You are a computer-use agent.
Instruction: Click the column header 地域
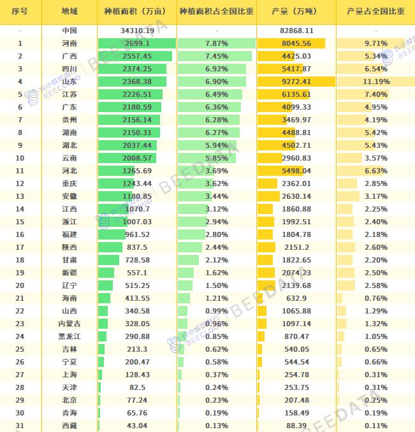pos(69,12)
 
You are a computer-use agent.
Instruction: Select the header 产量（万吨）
pos(296,12)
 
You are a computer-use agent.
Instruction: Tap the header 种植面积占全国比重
pos(217,12)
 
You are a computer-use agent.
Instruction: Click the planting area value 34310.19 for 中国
pos(137,31)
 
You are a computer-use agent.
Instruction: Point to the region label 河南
pos(69,43)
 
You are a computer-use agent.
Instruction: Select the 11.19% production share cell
pos(375,82)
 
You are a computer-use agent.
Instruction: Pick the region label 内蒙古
pos(69,324)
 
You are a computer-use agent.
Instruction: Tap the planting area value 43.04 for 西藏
pos(137,426)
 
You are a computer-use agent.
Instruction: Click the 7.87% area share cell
pos(217,43)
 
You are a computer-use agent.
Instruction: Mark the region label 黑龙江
pos(69,336)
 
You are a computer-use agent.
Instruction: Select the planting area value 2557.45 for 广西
pos(137,56)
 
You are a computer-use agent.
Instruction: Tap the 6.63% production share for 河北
pos(375,171)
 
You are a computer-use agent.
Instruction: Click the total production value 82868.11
pos(296,31)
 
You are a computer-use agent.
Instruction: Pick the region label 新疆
pos(69,273)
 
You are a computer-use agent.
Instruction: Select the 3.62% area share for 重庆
pos(217,184)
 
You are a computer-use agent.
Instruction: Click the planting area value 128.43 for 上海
pos(137,375)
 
